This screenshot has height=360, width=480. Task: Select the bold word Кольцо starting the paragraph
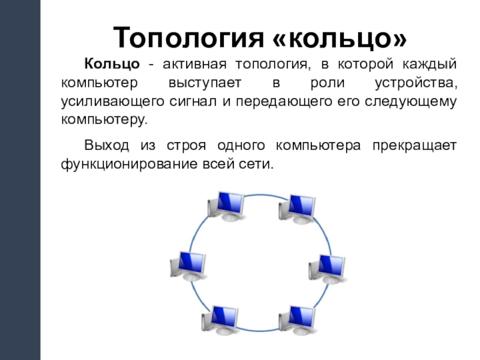[112, 64]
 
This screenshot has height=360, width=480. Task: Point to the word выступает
[199, 82]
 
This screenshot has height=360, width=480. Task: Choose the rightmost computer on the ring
[328, 268]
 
